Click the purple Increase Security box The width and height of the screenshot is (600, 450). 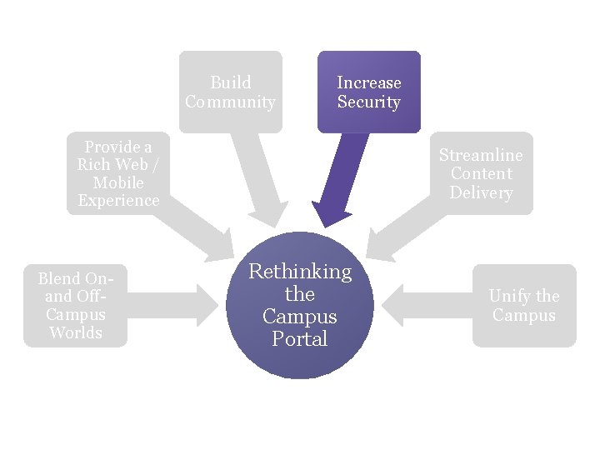368,92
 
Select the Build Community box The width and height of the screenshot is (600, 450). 231,92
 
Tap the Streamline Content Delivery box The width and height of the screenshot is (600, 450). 481,173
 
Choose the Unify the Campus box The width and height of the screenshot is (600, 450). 523,305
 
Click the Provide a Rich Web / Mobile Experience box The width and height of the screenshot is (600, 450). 117,173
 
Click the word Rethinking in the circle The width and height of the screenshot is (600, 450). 300,272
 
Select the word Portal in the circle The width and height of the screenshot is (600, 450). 300,339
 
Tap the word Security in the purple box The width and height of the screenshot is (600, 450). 368,102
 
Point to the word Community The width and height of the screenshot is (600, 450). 231,102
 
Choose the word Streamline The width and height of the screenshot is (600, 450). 481,155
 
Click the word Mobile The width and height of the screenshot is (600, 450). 117,182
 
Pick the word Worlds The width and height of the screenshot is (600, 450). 75,332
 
